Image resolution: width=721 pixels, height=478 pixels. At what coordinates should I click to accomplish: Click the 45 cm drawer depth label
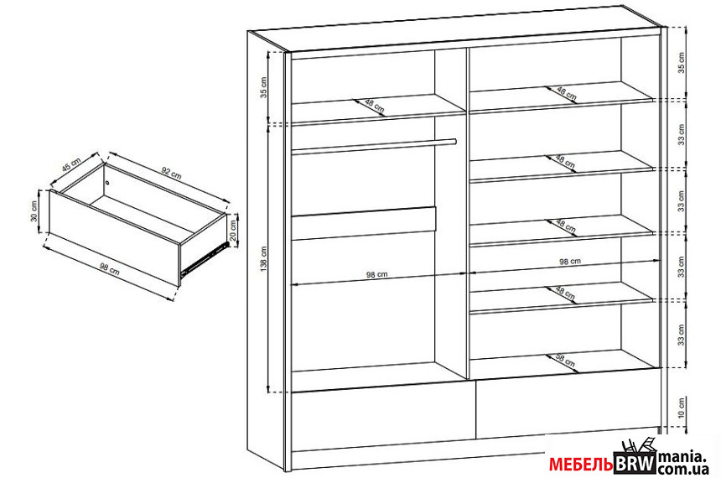(x=71, y=164)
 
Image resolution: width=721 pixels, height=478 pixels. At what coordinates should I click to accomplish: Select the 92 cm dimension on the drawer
(x=171, y=173)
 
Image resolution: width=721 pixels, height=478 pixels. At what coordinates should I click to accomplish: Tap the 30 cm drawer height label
(x=34, y=211)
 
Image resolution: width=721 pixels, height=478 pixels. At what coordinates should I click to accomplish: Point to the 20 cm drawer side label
(x=233, y=230)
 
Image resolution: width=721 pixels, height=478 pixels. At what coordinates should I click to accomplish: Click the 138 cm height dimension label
(x=263, y=259)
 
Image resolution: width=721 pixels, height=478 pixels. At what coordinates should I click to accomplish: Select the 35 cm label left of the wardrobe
(x=263, y=87)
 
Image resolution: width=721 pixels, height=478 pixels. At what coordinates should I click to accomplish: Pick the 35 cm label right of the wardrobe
(x=681, y=63)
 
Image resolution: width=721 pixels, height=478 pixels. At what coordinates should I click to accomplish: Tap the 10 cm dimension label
(x=681, y=408)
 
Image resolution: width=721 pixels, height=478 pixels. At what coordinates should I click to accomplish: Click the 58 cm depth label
(x=565, y=361)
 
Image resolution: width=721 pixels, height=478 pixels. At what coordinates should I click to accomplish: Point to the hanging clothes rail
(x=373, y=147)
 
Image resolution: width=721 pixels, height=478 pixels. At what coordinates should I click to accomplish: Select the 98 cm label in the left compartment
(x=376, y=275)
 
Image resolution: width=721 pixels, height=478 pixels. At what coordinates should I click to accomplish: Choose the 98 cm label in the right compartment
(x=570, y=262)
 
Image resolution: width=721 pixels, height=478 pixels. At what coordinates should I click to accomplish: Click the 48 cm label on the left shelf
(x=374, y=107)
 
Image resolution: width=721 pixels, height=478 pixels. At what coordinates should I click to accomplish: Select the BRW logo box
(x=635, y=463)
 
